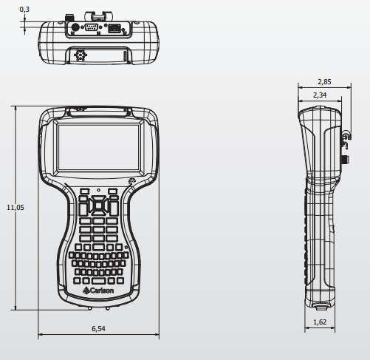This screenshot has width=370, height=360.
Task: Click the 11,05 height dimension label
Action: [16, 208]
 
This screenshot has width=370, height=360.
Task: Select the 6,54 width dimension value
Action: [98, 328]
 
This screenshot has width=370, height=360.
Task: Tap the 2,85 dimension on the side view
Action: [324, 82]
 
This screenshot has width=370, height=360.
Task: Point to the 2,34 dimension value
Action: [320, 95]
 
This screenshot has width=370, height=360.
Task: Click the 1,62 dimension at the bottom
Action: [320, 322]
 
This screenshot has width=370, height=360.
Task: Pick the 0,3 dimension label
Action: [24, 10]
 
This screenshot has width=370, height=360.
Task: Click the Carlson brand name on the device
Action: [102, 291]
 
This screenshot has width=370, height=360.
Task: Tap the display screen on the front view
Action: [98, 147]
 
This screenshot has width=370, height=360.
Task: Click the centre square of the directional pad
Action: [98, 206]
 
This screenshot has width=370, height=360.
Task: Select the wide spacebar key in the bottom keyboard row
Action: [98, 281]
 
